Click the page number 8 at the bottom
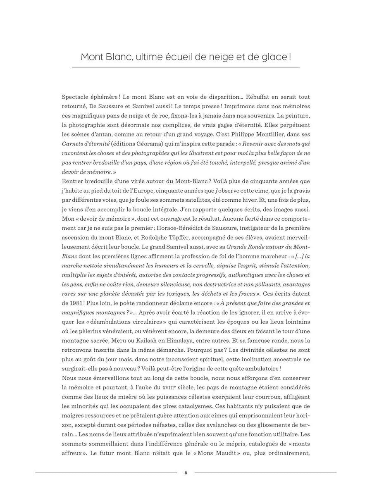[x=186, y=473]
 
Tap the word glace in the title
[x=273, y=56]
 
